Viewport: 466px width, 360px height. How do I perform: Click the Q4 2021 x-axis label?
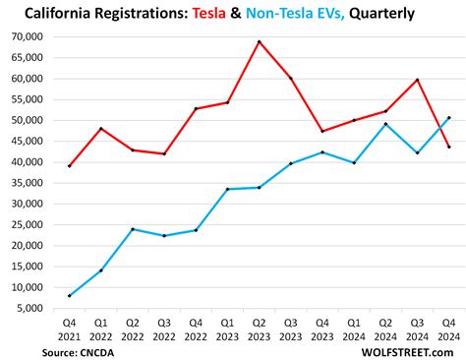point(69,329)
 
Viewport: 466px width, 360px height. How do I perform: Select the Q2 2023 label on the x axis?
point(259,329)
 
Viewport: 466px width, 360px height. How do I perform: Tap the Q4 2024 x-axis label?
point(448,329)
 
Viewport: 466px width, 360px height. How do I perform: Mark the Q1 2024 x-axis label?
point(354,329)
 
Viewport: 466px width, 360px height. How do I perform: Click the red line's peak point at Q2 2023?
point(259,41)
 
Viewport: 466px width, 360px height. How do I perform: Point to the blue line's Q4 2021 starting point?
point(69,295)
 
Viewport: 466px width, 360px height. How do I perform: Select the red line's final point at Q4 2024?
point(448,147)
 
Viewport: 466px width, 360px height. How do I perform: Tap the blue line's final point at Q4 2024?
point(448,117)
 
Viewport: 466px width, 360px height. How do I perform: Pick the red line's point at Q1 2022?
point(100,128)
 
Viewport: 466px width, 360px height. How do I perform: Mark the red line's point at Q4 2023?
point(322,131)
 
